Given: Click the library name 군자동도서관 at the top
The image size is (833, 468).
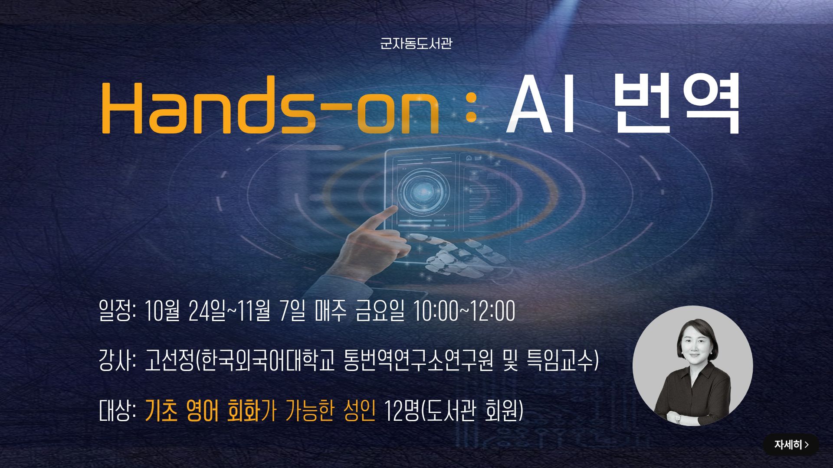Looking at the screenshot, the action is click(416, 44).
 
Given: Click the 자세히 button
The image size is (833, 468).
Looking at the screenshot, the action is click(791, 445).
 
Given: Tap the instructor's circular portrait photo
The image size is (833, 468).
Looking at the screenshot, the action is click(692, 366).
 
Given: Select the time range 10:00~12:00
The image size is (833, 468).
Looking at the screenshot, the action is click(464, 311).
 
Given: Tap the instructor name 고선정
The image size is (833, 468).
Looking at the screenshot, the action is click(169, 361).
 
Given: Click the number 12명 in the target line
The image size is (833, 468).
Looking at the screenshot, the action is click(401, 411).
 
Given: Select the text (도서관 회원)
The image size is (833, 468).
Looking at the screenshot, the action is click(472, 411).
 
